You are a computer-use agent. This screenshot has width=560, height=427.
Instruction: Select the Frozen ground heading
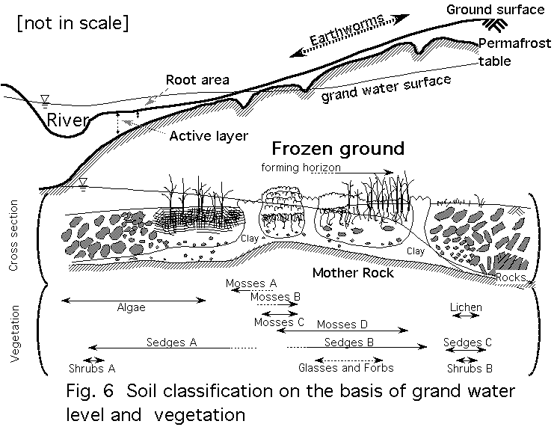pyautogui.click(x=337, y=148)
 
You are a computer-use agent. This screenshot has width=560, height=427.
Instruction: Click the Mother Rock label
pyautogui.click(x=353, y=273)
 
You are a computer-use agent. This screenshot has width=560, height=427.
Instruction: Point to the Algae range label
pyautogui.click(x=132, y=307)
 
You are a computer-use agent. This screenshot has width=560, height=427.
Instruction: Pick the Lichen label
pyautogui.click(x=467, y=307)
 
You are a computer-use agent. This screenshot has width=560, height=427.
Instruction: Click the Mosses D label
pyautogui.click(x=342, y=324)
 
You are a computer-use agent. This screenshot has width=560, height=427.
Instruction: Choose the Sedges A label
pyautogui.click(x=171, y=342)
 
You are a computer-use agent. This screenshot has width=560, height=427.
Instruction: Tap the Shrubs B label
pyautogui.click(x=470, y=368)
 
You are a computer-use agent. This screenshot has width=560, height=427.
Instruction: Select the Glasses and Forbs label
pyautogui.click(x=345, y=368)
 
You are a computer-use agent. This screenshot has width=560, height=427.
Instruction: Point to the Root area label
pyautogui.click(x=197, y=79)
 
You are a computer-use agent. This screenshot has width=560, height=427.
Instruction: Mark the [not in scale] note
pyautogui.click(x=72, y=22)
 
